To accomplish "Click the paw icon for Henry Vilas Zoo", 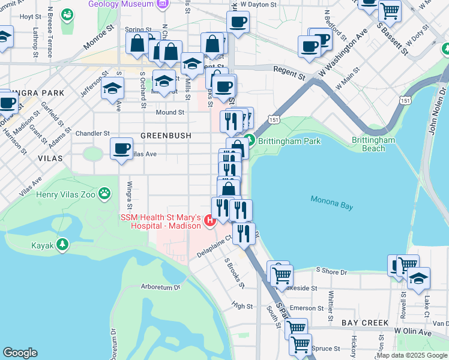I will pos(105,193).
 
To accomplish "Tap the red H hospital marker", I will pos(209,221).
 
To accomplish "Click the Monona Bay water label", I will pos(333,200).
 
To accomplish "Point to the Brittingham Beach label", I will pos(373,144).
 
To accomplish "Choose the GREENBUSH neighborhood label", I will pos(166,136).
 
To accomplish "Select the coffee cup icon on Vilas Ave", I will pos(121,148).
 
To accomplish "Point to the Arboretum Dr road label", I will pos(160,287).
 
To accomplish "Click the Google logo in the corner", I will pos(20,353).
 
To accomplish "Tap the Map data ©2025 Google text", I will pos(411,355).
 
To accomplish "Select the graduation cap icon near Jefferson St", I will pos(112,88).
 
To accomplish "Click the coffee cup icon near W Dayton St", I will pos(238,22).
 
